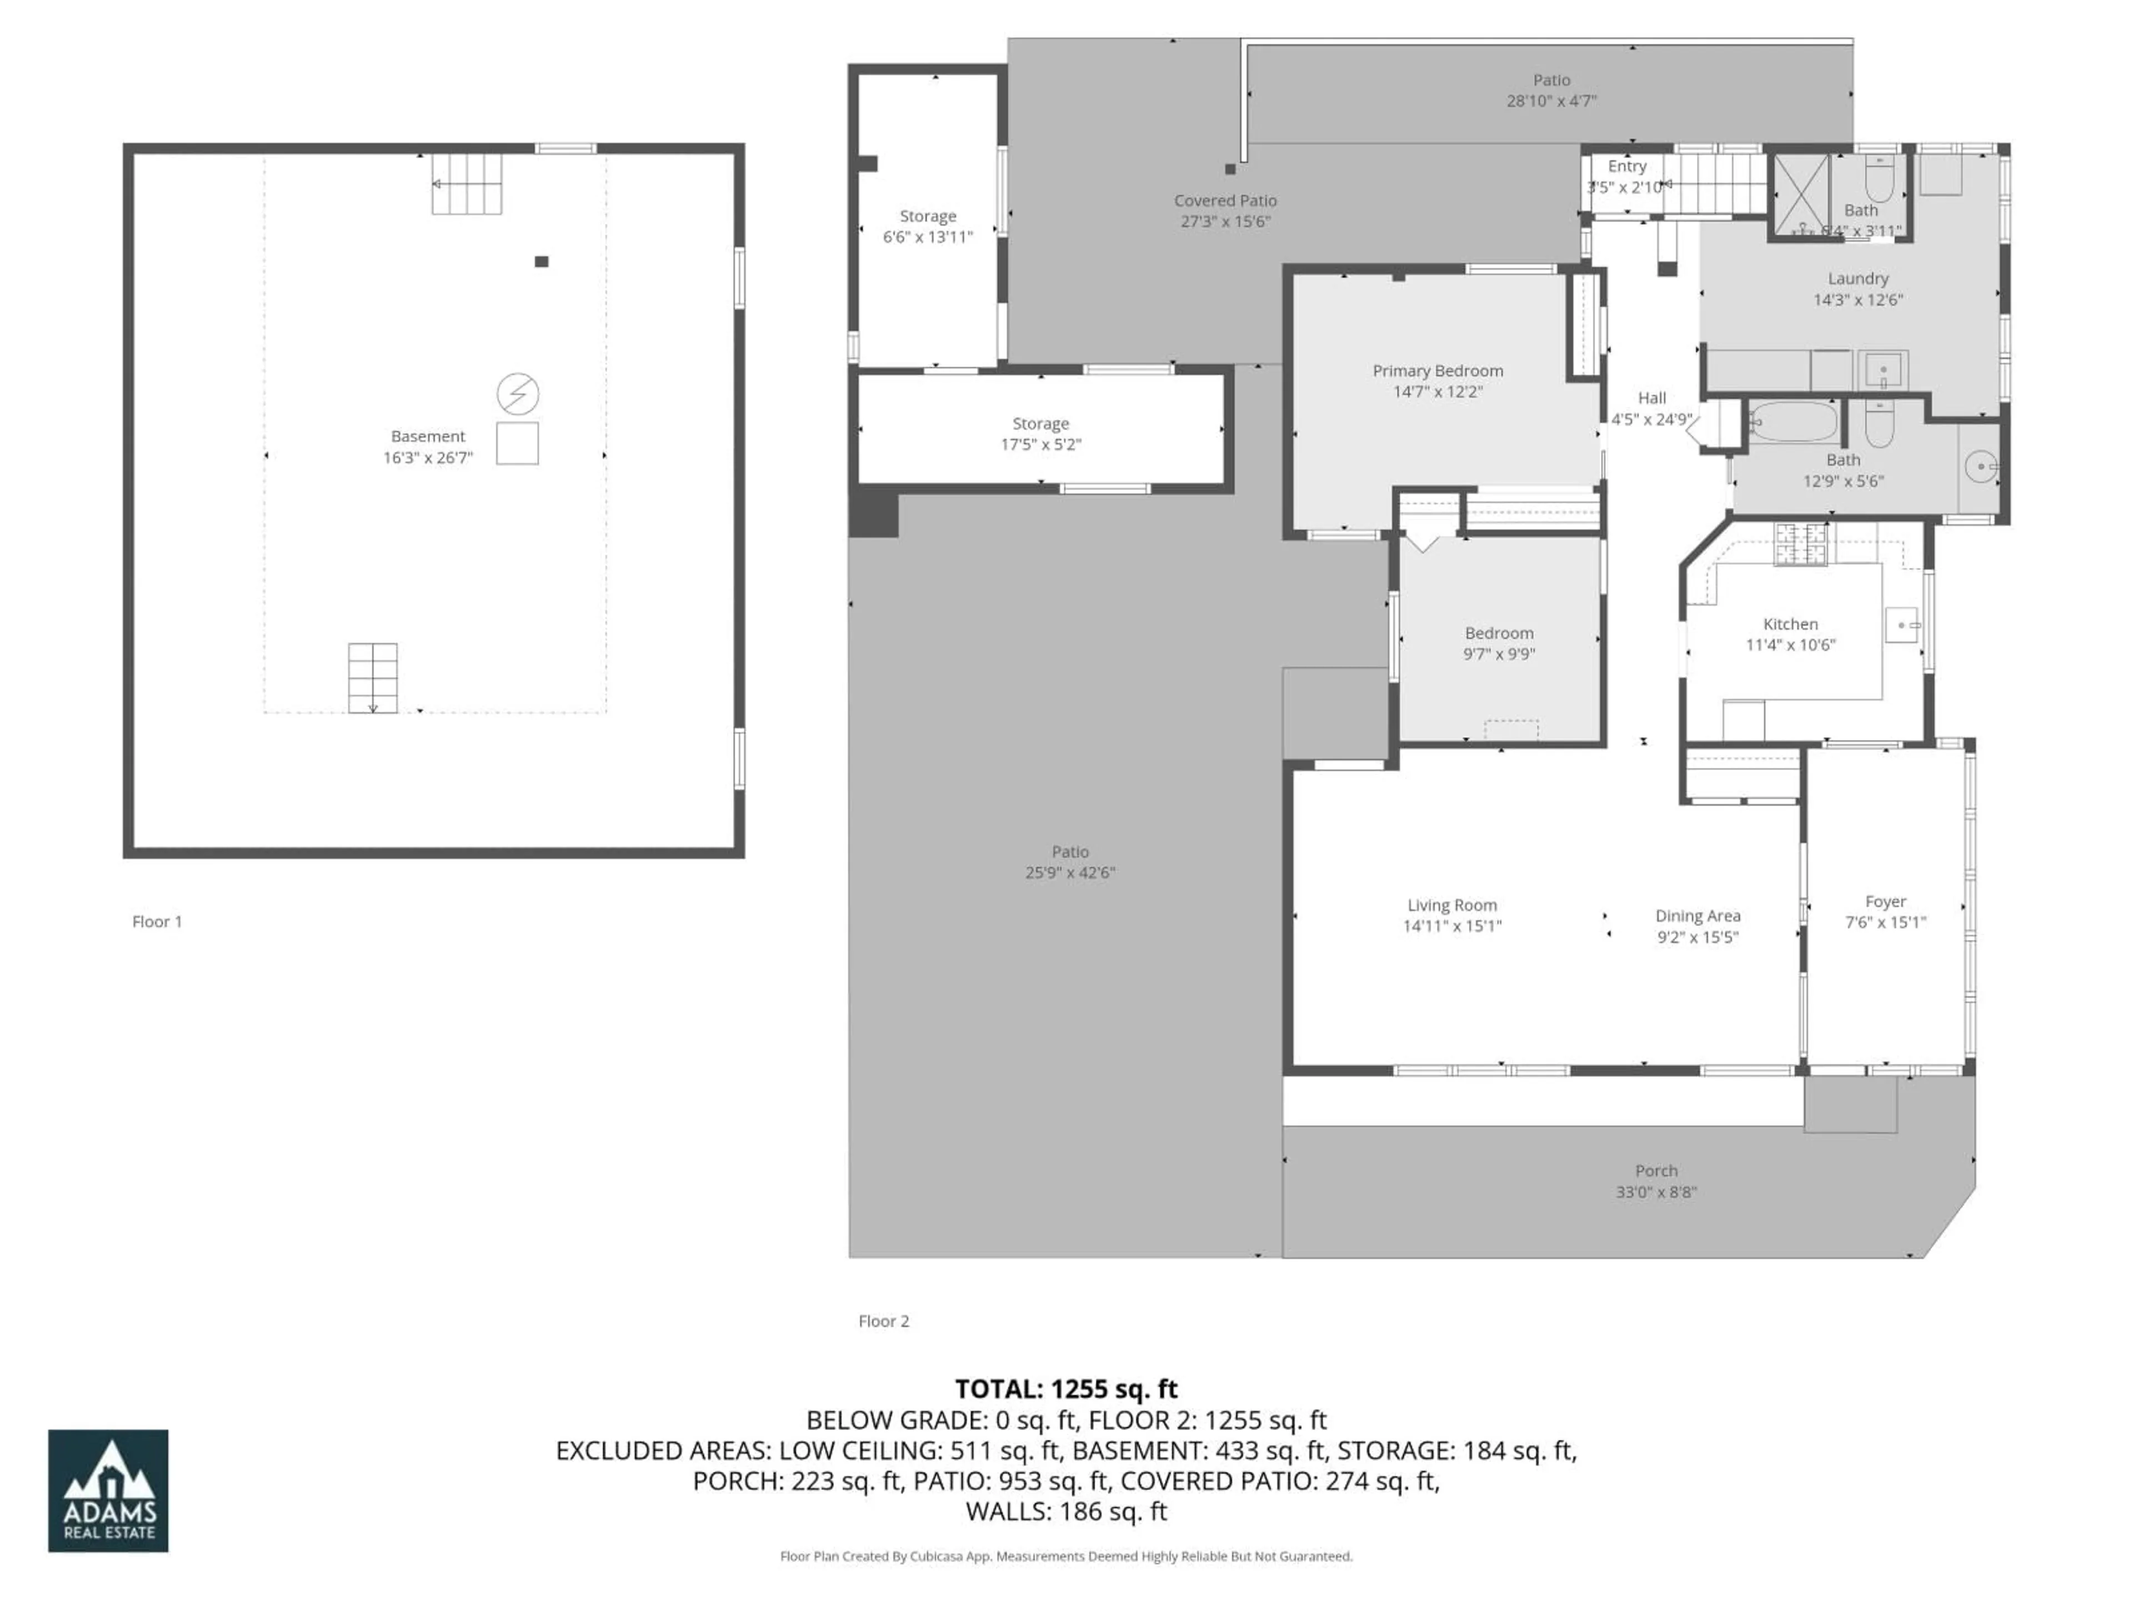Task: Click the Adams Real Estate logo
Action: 108,1490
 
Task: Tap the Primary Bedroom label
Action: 1437,371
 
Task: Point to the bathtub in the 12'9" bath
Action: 1794,422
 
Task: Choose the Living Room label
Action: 1451,904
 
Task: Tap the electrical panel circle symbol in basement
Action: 518,393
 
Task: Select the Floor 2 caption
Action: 883,1321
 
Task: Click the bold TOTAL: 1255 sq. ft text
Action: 1065,1389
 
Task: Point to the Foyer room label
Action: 1885,901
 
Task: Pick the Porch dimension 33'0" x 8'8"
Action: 1656,1191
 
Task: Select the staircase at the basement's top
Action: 467,183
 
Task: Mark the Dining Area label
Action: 1697,915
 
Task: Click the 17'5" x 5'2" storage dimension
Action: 1040,444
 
